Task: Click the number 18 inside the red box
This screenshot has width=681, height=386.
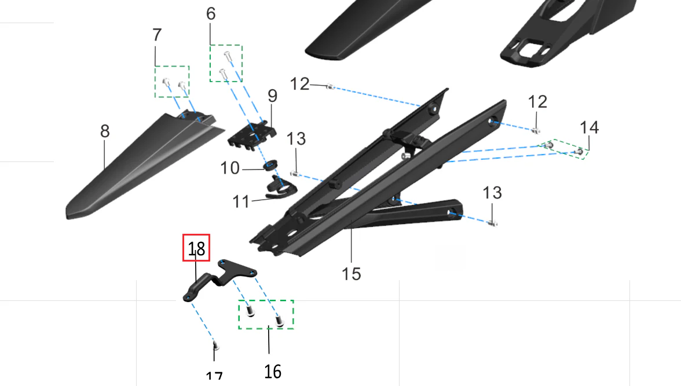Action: click(196, 249)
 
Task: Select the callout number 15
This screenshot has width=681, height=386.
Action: click(351, 273)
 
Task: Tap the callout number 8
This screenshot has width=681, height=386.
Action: click(104, 131)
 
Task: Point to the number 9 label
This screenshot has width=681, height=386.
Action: click(272, 96)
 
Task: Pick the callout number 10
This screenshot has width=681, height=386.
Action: click(230, 168)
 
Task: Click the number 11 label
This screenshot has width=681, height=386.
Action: click(241, 202)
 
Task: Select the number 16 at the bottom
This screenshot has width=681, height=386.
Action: click(272, 371)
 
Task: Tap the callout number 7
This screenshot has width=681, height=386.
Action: click(157, 35)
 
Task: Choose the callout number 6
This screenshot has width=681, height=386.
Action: click(211, 14)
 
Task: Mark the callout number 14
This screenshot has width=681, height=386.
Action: click(589, 127)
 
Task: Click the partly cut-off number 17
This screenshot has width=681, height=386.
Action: click(214, 377)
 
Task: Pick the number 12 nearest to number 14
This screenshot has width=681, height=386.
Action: click(537, 102)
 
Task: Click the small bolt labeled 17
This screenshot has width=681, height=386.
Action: click(215, 346)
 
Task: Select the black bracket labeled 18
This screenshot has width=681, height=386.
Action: click(220, 278)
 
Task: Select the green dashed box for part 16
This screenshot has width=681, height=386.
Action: click(266, 314)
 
